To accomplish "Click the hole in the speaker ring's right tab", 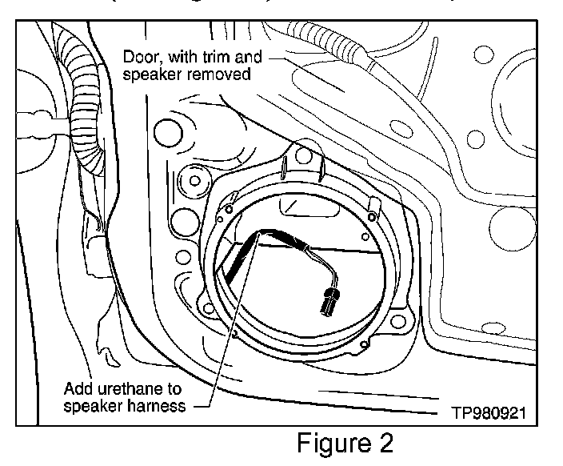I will click(x=373, y=215).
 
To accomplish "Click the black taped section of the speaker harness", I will click(x=232, y=261).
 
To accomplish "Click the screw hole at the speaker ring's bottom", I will click(x=365, y=345).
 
